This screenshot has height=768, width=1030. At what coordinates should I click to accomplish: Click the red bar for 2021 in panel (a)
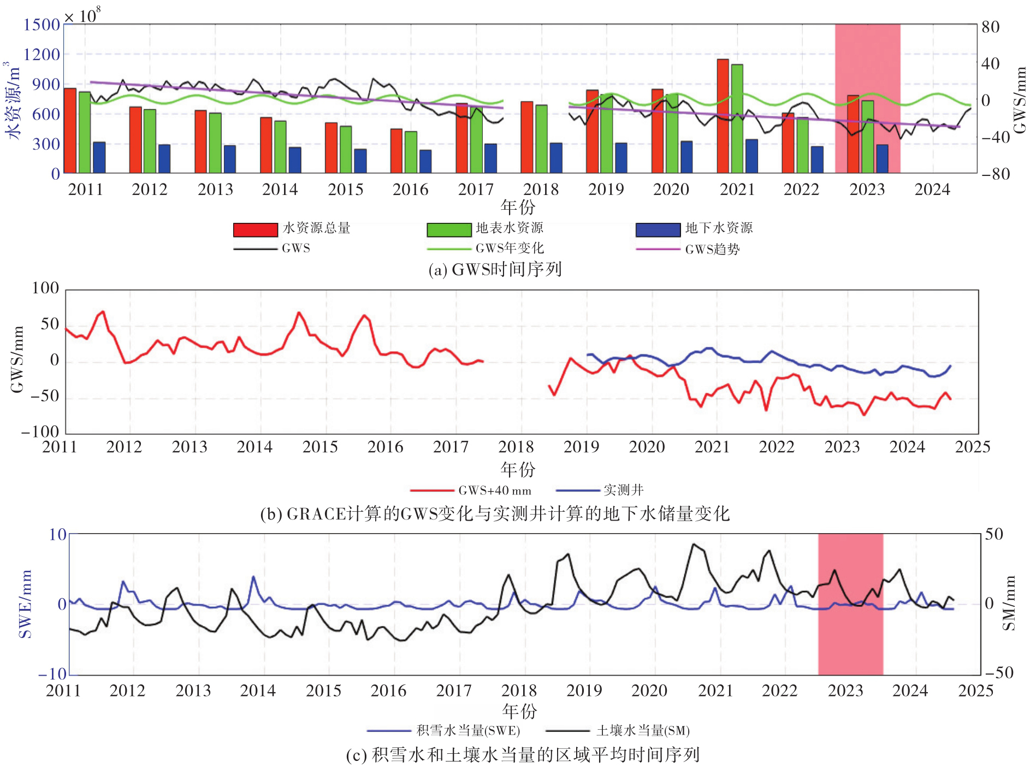coord(723,116)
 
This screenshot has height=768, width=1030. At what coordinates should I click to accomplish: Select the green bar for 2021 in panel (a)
coord(737,119)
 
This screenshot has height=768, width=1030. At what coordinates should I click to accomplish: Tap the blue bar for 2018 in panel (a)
coord(555,158)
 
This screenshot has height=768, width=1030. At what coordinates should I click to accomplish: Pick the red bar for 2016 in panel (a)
coord(396,151)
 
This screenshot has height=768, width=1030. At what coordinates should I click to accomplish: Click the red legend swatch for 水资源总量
coord(255,229)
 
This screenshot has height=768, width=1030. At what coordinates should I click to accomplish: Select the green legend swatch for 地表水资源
coord(449,229)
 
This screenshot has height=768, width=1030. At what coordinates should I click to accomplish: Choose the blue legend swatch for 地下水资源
coord(658,229)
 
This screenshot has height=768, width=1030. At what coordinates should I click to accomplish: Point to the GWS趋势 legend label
coord(712,249)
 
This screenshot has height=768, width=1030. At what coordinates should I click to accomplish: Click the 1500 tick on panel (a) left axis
coord(42,25)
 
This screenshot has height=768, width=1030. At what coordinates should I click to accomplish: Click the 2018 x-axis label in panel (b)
coord(516,447)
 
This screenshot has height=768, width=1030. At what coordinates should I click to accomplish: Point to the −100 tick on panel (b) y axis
coord(39,432)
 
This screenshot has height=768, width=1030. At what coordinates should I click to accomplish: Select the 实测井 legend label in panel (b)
coord(623,490)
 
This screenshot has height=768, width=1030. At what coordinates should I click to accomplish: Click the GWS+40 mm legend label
coord(494,491)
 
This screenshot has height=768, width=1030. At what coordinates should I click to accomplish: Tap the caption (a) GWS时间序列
coord(495,269)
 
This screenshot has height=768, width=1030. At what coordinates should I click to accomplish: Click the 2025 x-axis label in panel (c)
coord(975,690)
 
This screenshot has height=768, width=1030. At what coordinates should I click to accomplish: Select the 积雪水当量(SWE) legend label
coord(468,730)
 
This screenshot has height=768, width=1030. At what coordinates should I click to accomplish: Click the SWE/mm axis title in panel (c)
coord(25,604)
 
